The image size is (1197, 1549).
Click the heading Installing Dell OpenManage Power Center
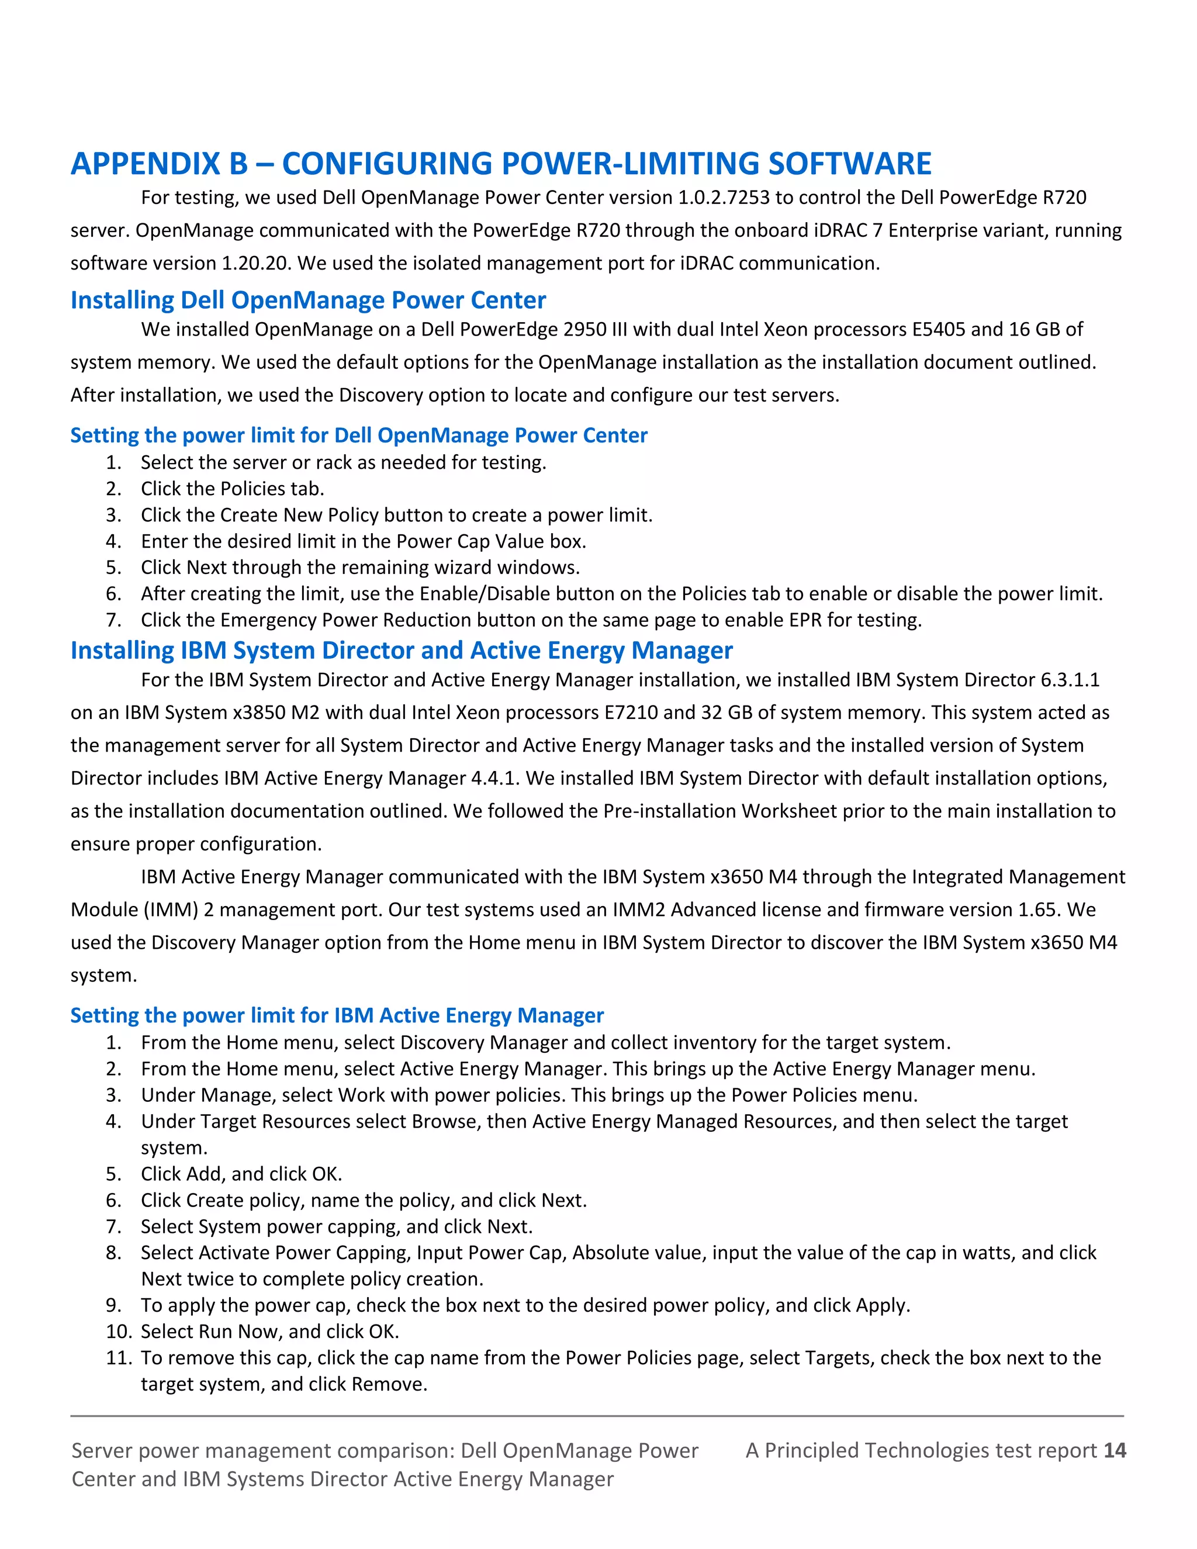coord(308,300)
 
